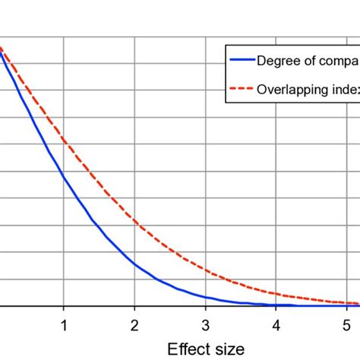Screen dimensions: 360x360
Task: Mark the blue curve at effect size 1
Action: (64, 177)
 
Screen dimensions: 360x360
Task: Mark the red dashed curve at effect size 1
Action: (64, 141)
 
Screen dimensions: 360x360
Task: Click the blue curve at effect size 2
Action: (134, 264)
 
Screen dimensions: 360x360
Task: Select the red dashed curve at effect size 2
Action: (134, 221)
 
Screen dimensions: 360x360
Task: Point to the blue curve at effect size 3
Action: (205, 296)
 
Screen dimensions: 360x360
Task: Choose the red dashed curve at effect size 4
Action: (276, 292)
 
